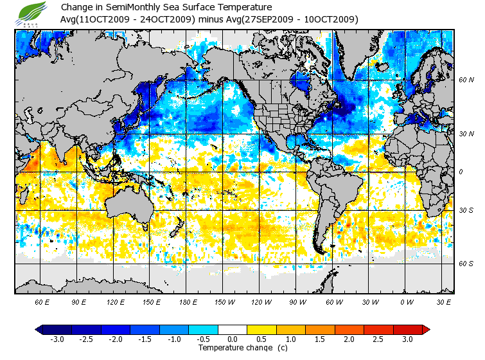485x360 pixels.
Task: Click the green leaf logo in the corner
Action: pos(33,12)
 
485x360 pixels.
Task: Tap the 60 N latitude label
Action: pos(466,80)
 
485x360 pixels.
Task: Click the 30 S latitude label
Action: pos(466,211)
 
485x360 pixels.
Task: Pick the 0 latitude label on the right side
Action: pos(461,172)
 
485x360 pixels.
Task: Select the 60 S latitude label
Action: pos(466,264)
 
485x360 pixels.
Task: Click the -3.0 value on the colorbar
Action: pos(58,339)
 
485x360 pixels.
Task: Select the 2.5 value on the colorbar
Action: pos(379,339)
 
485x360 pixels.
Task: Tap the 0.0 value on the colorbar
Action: pos(233,339)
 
